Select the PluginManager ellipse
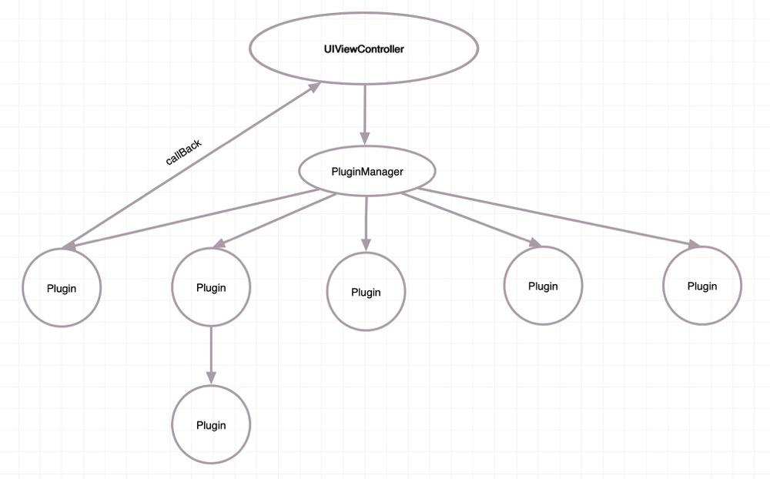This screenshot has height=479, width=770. [x=367, y=171]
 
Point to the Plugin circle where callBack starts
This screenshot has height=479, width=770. [x=62, y=288]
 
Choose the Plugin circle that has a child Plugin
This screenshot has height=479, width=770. [x=211, y=287]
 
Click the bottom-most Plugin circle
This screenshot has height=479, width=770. [x=211, y=425]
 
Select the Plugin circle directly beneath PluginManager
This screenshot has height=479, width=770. [x=366, y=292]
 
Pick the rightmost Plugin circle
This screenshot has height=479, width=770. [x=701, y=286]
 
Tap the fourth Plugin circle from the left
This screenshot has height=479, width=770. [x=543, y=286]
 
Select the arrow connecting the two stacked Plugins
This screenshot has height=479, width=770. [x=211, y=354]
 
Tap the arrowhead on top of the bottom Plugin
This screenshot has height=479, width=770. [x=211, y=378]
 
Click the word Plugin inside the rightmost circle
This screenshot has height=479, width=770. [x=701, y=286]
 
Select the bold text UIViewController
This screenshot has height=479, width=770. [x=364, y=49]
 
